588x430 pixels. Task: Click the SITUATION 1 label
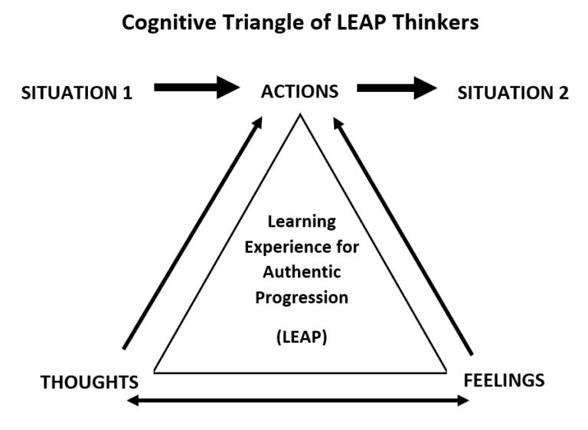[77, 94]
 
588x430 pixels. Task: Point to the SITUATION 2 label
[513, 94]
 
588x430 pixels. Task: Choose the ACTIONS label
[299, 92]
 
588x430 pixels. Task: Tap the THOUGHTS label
[90, 382]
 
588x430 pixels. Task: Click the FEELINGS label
[504, 379]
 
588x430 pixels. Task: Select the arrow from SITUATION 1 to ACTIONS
[197, 87]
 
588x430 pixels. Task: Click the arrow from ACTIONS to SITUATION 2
[397, 87]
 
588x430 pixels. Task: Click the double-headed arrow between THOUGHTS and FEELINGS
[298, 400]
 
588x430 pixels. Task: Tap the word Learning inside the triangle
[301, 222]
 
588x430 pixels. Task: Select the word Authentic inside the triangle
[301, 272]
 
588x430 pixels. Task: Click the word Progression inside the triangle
[301, 297]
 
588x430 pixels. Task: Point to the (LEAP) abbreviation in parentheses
[301, 336]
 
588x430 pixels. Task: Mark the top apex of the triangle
[300, 114]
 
